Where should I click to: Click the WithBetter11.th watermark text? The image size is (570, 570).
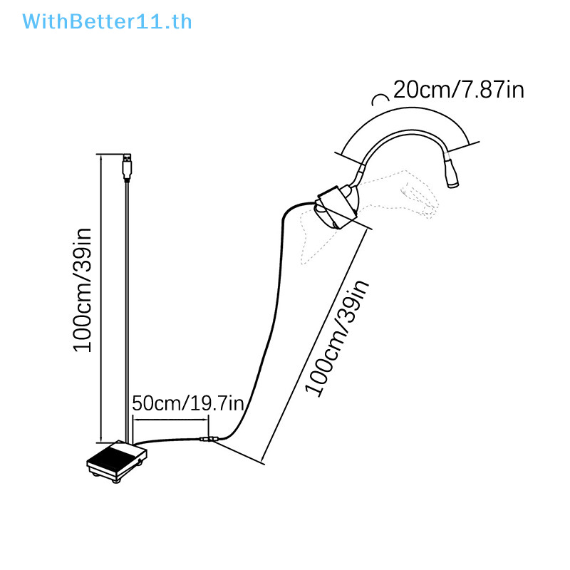(107, 22)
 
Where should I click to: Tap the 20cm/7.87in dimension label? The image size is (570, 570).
(459, 90)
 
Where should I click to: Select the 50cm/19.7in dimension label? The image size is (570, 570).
(188, 403)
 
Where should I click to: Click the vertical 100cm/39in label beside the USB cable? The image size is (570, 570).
(83, 290)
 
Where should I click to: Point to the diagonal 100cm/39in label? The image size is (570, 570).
(337, 338)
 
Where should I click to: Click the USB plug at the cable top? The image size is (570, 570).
(127, 167)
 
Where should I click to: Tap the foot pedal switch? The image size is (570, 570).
(117, 461)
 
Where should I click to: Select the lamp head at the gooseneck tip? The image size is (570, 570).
(451, 172)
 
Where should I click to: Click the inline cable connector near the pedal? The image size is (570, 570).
(208, 439)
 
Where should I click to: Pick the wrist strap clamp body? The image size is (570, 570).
(336, 207)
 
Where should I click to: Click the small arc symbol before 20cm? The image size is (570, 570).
(380, 98)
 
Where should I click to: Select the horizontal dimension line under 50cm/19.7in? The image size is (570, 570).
(171, 420)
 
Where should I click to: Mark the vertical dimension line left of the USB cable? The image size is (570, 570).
(100, 299)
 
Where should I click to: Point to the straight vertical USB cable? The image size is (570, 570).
(127, 313)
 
